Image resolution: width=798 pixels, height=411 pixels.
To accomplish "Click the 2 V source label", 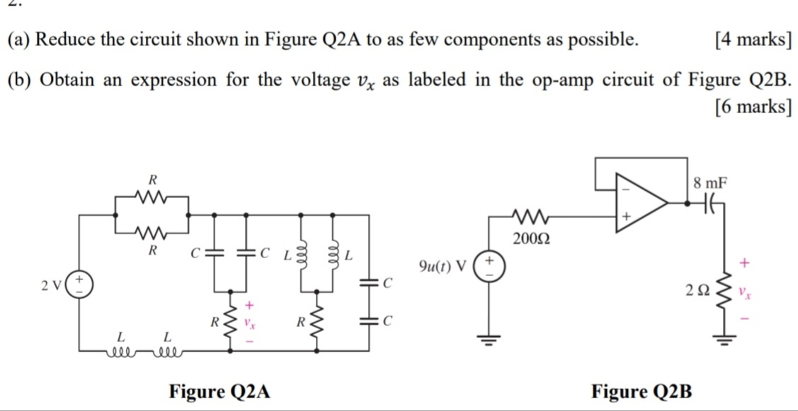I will (51, 285).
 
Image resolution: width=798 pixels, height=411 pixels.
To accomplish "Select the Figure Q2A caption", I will (220, 390).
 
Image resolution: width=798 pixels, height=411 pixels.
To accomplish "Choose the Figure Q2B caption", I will (643, 390).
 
